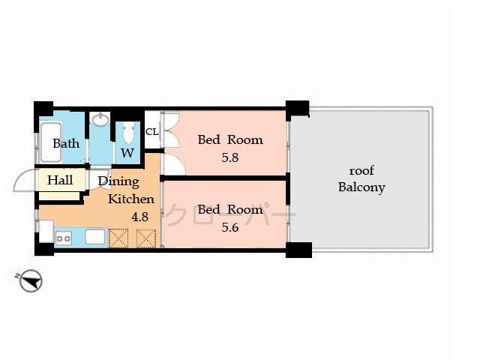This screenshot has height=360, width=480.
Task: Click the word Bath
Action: click(66, 143)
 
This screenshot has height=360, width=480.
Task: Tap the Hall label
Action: click(60, 180)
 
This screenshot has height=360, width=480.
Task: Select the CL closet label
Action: click(151, 132)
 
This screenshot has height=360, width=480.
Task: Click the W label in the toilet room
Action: click(127, 153)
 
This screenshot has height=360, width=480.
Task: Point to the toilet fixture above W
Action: click(127, 133)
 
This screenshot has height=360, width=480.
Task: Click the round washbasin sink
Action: click(100, 120)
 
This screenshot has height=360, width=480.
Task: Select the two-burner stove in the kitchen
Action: click(63, 238)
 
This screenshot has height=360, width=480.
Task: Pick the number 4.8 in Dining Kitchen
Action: click(139, 217)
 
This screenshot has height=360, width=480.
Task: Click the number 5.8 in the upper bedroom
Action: click(229, 158)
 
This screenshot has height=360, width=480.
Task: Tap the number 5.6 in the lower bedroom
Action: click(229, 229)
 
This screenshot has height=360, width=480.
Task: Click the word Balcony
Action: click(361, 187)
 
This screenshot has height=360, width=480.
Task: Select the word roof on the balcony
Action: click(361, 169)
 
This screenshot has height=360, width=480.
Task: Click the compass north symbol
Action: click(31, 282)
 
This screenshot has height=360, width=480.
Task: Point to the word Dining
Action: click(118, 181)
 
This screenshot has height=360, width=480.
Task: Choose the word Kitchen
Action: click(131, 199)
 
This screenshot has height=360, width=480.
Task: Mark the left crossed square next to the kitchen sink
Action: click(118, 238)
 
